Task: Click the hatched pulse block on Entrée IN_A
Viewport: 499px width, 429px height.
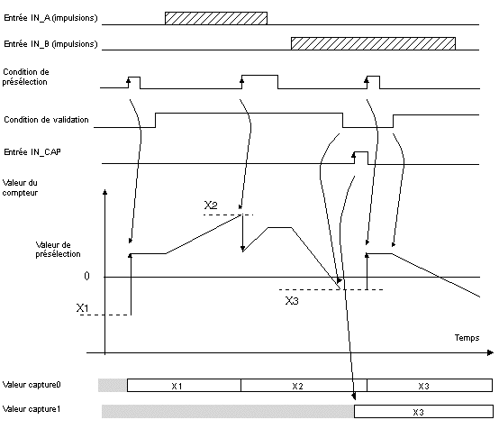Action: (x=216, y=18)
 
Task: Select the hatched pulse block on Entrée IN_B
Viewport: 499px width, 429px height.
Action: (x=373, y=43)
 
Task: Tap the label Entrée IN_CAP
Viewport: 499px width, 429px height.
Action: (x=32, y=152)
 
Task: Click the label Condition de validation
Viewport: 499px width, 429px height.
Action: (x=46, y=120)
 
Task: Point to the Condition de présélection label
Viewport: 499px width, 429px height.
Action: (x=25, y=77)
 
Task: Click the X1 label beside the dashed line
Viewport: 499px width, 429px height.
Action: (x=83, y=308)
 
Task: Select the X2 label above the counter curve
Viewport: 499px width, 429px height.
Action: (x=211, y=205)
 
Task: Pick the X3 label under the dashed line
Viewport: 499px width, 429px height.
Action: (x=292, y=301)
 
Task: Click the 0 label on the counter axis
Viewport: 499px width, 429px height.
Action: (x=86, y=276)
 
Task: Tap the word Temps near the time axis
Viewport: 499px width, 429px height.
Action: (x=467, y=338)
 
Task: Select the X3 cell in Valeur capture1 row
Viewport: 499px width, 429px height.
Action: (x=423, y=412)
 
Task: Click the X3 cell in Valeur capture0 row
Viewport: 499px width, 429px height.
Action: (x=430, y=386)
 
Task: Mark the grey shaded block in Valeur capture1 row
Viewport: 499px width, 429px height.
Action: (x=228, y=412)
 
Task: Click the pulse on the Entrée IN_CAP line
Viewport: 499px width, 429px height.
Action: (x=361, y=158)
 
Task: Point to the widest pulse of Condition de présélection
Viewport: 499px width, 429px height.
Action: (x=259, y=82)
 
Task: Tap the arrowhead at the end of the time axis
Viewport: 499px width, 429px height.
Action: (x=490, y=352)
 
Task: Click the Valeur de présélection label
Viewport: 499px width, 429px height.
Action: (x=58, y=250)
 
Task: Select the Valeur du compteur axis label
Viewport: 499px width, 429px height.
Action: (x=20, y=187)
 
